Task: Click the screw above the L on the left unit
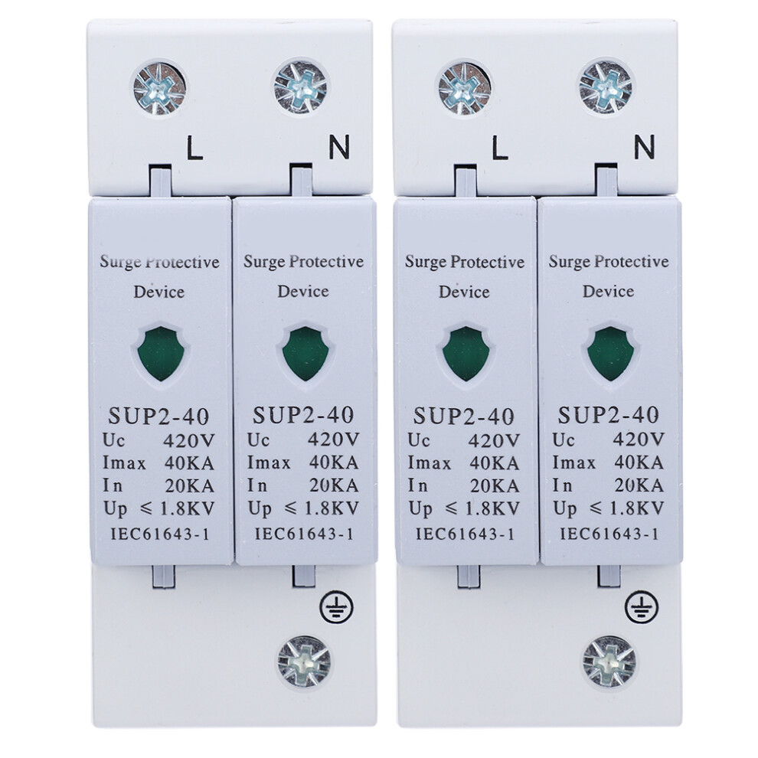[x=159, y=89]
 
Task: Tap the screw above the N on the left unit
[x=300, y=87]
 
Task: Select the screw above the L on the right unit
[x=465, y=89]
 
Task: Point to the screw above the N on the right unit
[x=605, y=87]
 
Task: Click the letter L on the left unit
[x=194, y=148]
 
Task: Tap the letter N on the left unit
[x=339, y=147]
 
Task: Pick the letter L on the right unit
[x=500, y=148]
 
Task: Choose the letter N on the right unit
[x=644, y=147]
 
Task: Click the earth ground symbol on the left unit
[x=336, y=606]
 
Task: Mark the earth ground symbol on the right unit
[x=642, y=606]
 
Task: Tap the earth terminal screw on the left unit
[x=304, y=662]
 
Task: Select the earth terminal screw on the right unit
[x=609, y=662]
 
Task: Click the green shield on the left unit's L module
[x=159, y=354]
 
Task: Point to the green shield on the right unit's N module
[x=609, y=354]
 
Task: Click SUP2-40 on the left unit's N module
[x=303, y=415]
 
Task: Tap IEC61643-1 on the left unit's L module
[x=159, y=534]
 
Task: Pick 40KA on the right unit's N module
[x=639, y=462]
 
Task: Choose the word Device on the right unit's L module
[x=464, y=292]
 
